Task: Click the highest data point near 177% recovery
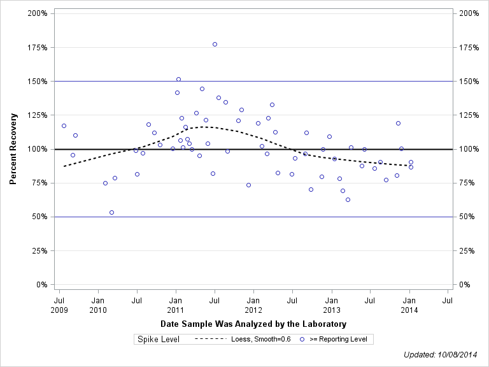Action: click(215, 44)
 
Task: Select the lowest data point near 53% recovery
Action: click(111, 212)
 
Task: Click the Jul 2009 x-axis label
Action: click(59, 304)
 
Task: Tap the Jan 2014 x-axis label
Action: click(409, 304)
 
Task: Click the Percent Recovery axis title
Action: click(13, 149)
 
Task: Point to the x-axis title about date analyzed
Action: click(253, 324)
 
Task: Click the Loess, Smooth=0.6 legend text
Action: click(265, 340)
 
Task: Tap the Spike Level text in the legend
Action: click(159, 340)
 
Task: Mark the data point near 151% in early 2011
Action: click(178, 79)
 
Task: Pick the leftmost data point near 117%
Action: click(64, 126)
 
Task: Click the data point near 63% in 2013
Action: click(348, 199)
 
